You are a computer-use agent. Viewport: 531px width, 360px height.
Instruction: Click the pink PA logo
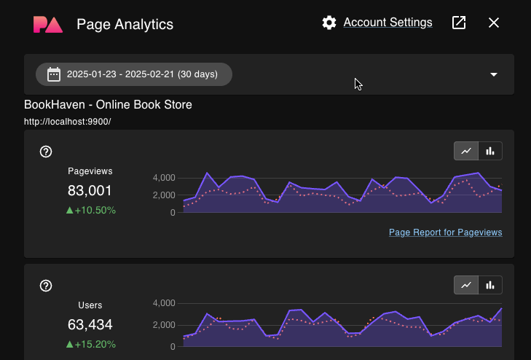coord(48,24)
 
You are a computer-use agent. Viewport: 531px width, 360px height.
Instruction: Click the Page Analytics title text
coord(125,24)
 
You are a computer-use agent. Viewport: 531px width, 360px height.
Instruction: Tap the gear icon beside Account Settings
coord(329,23)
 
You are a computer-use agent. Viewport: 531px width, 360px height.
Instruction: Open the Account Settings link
coord(388,23)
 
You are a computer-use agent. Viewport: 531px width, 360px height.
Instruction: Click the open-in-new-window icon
coord(459,23)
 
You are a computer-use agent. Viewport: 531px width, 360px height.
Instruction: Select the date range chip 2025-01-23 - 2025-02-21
coord(134,74)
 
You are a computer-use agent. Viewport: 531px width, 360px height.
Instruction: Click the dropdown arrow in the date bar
coord(494,74)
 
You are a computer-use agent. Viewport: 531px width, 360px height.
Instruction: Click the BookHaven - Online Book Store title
coord(108,105)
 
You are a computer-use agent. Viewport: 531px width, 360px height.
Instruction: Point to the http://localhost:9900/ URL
coord(67,122)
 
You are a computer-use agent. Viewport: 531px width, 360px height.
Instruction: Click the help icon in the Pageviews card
coord(46,152)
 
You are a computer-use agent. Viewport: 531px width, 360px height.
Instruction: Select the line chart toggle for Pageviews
coord(466,151)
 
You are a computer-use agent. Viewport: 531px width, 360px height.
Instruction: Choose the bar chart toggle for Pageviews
coord(490,151)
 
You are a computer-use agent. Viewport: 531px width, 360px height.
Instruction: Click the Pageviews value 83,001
coord(90,191)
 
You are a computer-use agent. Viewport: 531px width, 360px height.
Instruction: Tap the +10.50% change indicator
coord(91,211)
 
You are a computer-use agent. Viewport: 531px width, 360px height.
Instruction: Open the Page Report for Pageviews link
coord(445,232)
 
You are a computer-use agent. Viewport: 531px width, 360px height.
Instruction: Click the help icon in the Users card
coord(46,286)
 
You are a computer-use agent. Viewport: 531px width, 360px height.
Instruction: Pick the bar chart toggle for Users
coord(490,285)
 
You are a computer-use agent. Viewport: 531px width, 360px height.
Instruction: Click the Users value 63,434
coord(90,325)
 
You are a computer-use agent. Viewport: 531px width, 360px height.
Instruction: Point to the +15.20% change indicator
coord(91,345)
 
